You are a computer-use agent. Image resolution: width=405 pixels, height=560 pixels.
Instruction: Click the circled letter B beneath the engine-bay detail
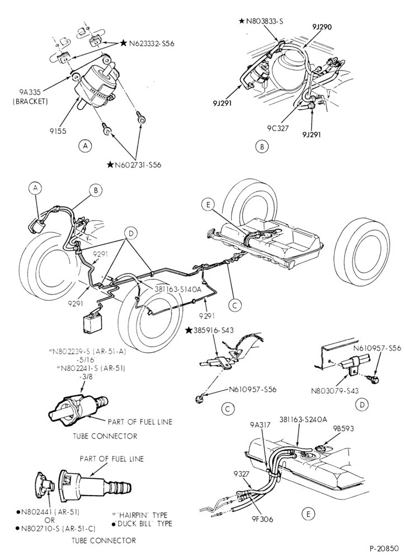(262, 146)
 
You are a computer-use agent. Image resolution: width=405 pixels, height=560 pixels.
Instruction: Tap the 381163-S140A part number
(178, 290)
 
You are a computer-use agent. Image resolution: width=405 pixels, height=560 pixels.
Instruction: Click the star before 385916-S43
(189, 330)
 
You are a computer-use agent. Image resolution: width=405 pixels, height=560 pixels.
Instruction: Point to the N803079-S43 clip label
(335, 390)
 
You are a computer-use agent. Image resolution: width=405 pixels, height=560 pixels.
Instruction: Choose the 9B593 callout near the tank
(343, 428)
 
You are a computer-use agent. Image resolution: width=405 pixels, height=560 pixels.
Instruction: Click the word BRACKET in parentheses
(30, 101)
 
